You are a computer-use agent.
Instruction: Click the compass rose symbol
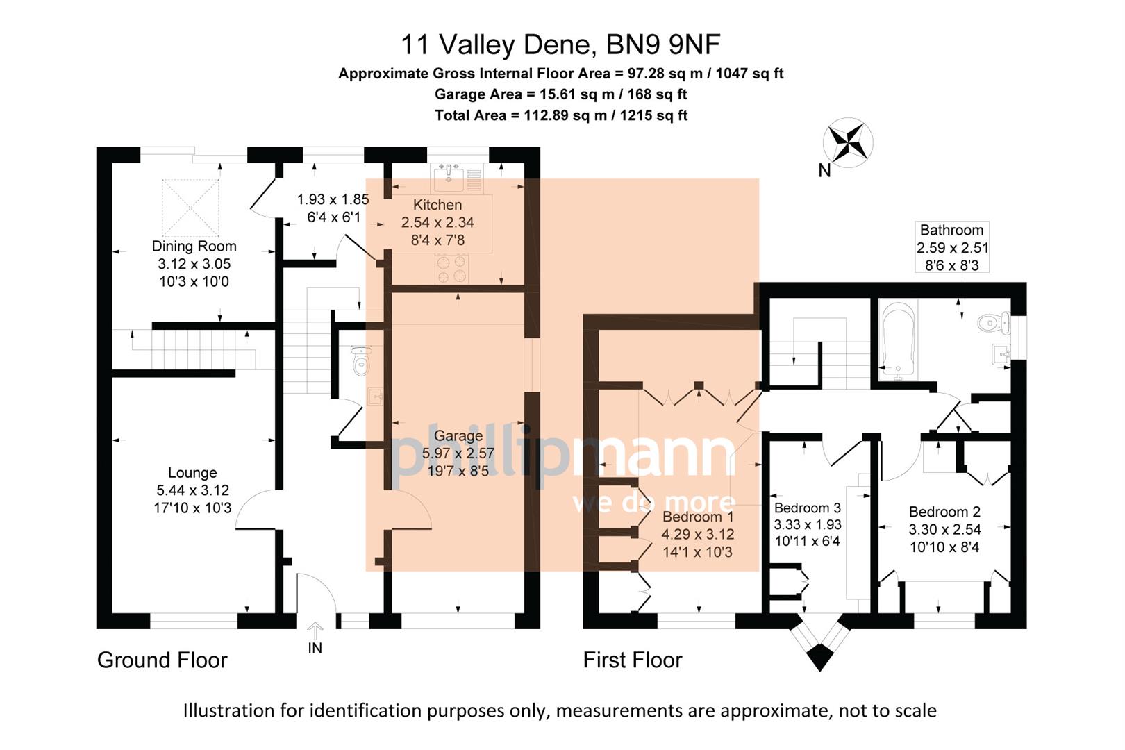tap(848, 143)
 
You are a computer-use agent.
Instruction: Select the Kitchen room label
tap(437, 205)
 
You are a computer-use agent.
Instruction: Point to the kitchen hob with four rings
tap(451, 268)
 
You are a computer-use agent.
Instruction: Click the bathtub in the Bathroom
tap(899, 340)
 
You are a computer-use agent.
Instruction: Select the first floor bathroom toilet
tap(992, 322)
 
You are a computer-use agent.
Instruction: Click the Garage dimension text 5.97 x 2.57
tap(458, 453)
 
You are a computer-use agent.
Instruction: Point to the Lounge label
tap(192, 473)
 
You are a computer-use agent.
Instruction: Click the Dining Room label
tap(194, 246)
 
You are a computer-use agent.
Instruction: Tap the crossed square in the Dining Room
tap(190, 207)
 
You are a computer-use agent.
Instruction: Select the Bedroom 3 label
tap(807, 508)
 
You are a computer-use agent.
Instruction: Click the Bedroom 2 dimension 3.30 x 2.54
tap(944, 529)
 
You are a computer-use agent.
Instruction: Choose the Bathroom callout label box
tap(951, 247)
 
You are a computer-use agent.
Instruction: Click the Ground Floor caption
tap(162, 660)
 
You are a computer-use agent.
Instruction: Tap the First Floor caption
tap(633, 660)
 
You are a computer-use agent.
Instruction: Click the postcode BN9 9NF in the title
tap(663, 45)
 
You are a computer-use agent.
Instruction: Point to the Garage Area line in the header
tap(561, 94)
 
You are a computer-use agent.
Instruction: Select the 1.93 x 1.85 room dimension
tap(333, 199)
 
